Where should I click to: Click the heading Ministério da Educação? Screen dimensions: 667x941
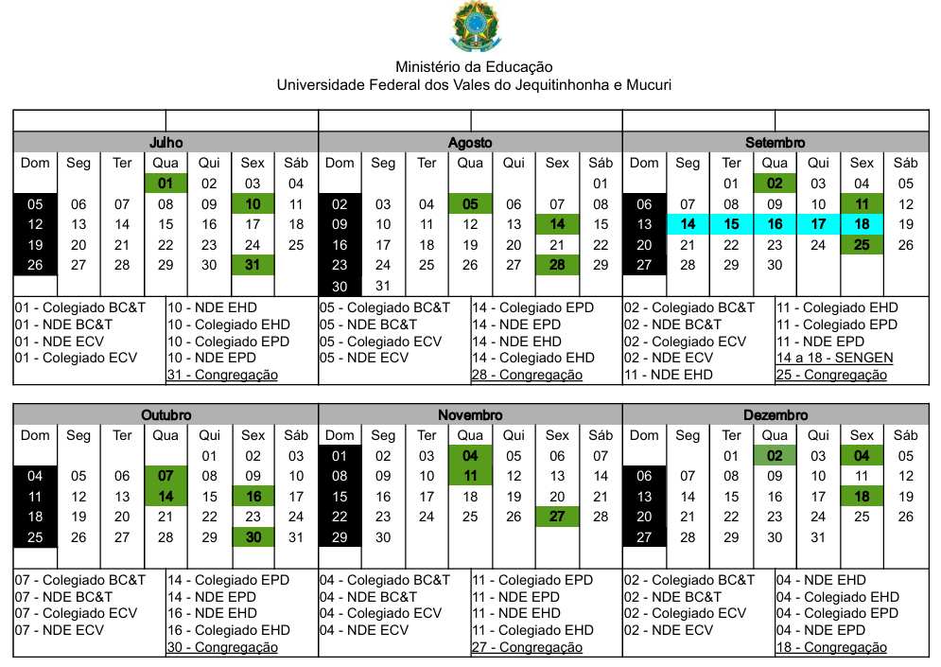pos(474,67)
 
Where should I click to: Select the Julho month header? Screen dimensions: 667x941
pos(166,142)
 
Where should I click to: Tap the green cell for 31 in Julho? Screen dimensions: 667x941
pos(253,266)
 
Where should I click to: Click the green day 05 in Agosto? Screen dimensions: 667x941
pos(470,204)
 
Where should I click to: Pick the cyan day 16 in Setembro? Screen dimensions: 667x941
pos(775,225)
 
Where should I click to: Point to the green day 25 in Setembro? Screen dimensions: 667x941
pos(862,246)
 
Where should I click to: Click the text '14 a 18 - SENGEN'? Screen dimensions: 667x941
pos(834,358)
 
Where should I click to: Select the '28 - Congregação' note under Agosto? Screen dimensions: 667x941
pos(527,375)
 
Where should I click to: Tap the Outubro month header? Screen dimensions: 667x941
pos(166,415)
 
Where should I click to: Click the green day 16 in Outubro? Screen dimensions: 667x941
pos(253,497)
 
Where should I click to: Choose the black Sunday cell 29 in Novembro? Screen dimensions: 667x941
pos(340,537)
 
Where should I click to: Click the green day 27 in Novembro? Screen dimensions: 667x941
pos(557,518)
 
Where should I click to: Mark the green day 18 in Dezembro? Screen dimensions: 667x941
pos(862,497)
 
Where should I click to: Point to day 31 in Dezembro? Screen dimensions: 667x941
pos(818,537)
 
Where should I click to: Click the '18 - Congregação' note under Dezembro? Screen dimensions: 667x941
pos(831,647)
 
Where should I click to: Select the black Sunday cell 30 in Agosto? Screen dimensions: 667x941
pos(340,286)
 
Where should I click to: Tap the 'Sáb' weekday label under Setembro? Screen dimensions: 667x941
pos(905,163)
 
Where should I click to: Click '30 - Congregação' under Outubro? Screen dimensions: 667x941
pos(222,647)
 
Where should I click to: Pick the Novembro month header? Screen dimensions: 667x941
pos(470,415)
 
